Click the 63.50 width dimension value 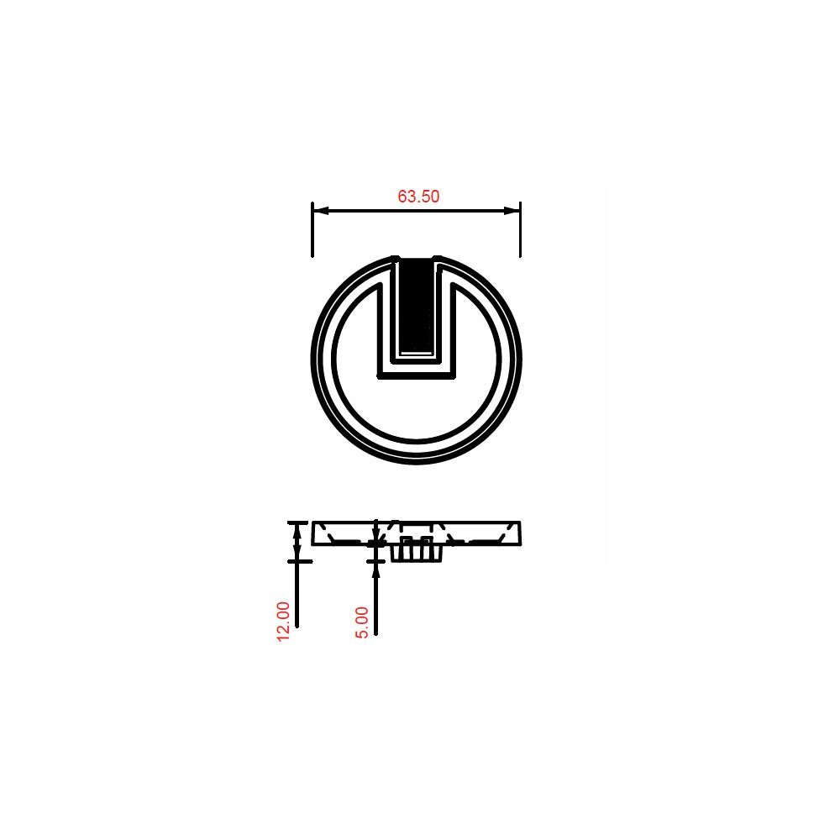point(418,196)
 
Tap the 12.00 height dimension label point(283,621)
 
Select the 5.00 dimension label point(362,622)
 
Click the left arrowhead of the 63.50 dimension point(320,211)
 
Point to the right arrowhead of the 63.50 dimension point(512,211)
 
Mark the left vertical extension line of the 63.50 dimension point(312,229)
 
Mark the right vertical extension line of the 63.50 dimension point(520,229)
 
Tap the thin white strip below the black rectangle point(417,354)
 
